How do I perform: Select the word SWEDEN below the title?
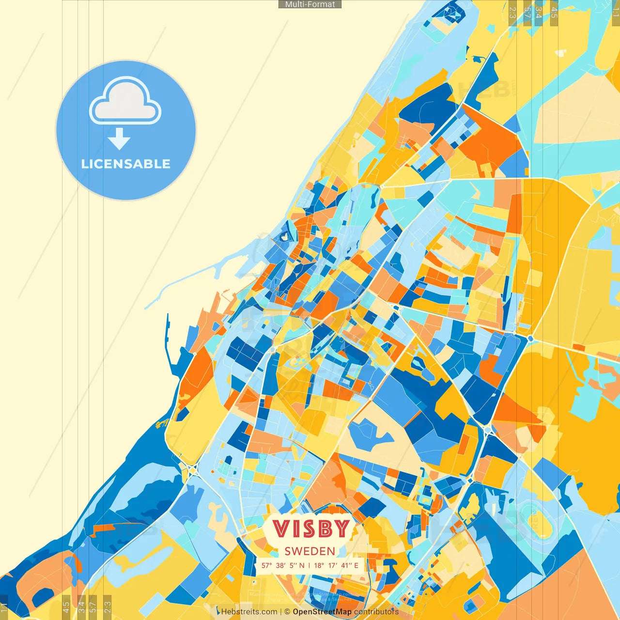[x=310, y=551]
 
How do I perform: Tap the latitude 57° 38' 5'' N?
[x=283, y=565]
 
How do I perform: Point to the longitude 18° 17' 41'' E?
[x=336, y=565]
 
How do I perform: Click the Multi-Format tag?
[x=310, y=4]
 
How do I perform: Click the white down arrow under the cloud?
[x=119, y=139]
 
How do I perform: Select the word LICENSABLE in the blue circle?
[x=126, y=164]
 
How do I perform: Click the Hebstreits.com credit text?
[x=249, y=612]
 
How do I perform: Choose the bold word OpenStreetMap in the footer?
[x=322, y=612]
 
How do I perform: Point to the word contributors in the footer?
[x=376, y=612]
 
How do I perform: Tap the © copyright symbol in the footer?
[x=287, y=612]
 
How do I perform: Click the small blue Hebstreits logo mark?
[x=218, y=611]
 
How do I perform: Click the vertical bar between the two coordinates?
[x=310, y=565]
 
